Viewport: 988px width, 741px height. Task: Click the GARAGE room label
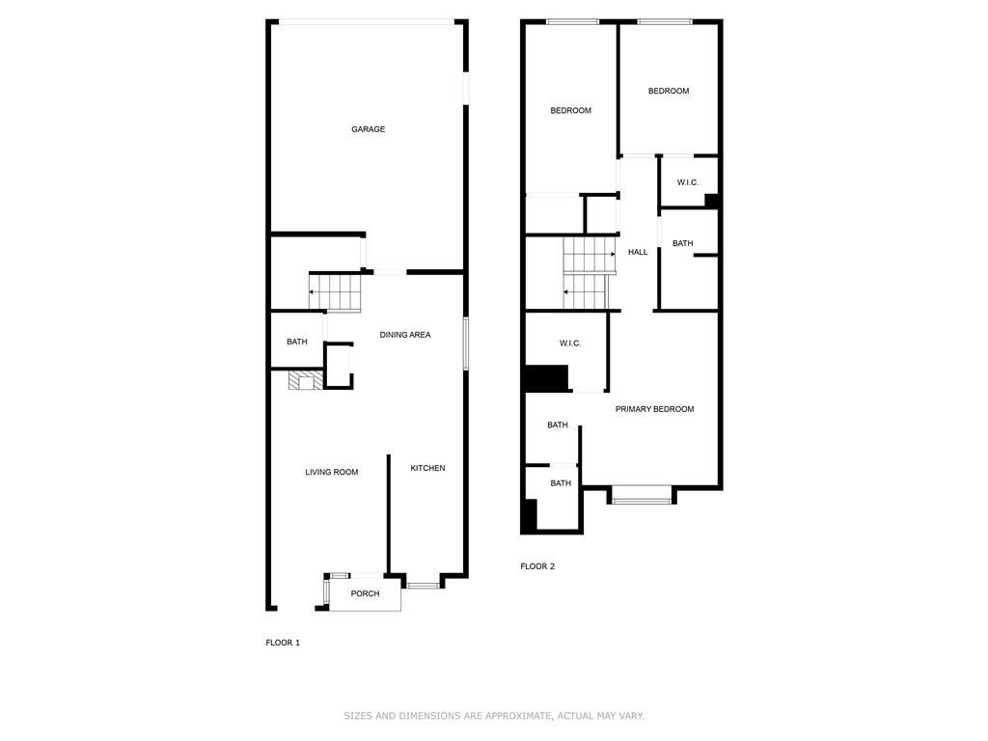[368, 129]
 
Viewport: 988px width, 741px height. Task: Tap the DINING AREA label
[405, 335]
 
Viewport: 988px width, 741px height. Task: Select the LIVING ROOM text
[332, 472]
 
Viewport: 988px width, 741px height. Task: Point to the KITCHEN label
[427, 468]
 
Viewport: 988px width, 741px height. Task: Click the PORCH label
[365, 593]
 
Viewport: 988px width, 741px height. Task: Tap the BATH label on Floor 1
[297, 342]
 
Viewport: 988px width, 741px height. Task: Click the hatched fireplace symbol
[306, 380]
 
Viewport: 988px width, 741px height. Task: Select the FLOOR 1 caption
[283, 643]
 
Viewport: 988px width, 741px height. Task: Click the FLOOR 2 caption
[537, 566]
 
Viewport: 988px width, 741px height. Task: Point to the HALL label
[638, 252]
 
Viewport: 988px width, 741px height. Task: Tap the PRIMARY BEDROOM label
[655, 409]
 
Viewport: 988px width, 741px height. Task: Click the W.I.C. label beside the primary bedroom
[570, 343]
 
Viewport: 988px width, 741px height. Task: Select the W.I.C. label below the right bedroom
[688, 182]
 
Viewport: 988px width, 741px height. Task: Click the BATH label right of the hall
[682, 243]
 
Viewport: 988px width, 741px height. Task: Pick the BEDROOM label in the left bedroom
[571, 110]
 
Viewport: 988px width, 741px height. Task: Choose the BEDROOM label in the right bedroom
[669, 91]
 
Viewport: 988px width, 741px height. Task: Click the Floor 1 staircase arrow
[334, 292]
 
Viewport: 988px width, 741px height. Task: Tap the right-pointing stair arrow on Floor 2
[590, 254]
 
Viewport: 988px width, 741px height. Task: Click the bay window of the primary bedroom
[642, 501]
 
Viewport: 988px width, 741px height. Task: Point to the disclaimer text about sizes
[494, 716]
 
